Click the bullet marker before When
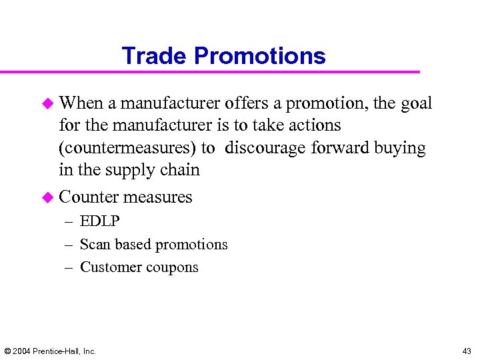pyautogui.click(x=48, y=103)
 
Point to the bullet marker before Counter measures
pyautogui.click(x=48, y=197)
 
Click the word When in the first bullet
pyautogui.click(x=81, y=103)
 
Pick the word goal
pyautogui.click(x=416, y=103)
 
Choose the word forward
pyautogui.click(x=336, y=147)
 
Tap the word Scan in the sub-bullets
pyautogui.click(x=95, y=245)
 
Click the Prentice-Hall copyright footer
pyautogui.click(x=50, y=351)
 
